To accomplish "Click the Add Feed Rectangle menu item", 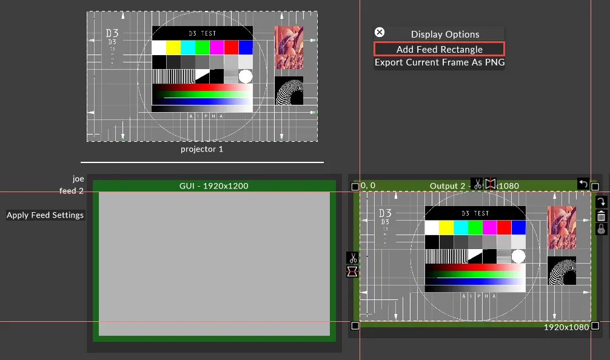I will (439, 49).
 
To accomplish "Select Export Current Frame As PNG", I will (439, 62).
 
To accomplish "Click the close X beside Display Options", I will (380, 33).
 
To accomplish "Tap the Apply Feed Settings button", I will (45, 215).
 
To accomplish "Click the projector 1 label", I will (202, 149).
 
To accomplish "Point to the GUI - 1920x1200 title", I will (213, 186).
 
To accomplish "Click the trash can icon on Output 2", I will (601, 216).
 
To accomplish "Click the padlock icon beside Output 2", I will (601, 229).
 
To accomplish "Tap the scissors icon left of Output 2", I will (352, 258).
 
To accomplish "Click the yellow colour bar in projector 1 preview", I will (173, 47).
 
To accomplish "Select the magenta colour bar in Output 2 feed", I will (489, 227).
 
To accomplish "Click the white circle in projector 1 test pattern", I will (245, 76).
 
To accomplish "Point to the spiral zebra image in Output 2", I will (561, 271).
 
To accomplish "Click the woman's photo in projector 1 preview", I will (289, 47).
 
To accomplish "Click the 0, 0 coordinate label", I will (368, 185).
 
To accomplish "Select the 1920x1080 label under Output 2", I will (566, 327).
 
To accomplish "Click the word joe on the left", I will (78, 179).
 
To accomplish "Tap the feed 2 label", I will (72, 191).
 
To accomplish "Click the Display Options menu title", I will (445, 35).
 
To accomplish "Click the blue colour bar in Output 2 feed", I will (518, 227).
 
